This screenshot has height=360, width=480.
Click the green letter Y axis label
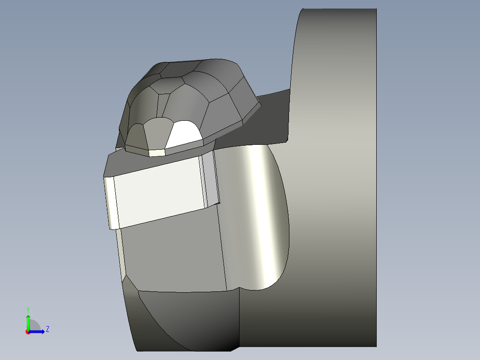[28, 310]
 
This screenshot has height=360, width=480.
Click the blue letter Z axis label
[48, 329]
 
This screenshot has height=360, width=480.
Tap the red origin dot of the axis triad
[28, 332]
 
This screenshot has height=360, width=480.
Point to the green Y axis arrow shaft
[28, 323]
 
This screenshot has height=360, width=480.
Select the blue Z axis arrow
[36, 332]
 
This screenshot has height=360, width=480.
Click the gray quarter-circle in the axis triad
[34, 326]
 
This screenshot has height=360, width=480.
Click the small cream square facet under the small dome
[157, 152]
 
